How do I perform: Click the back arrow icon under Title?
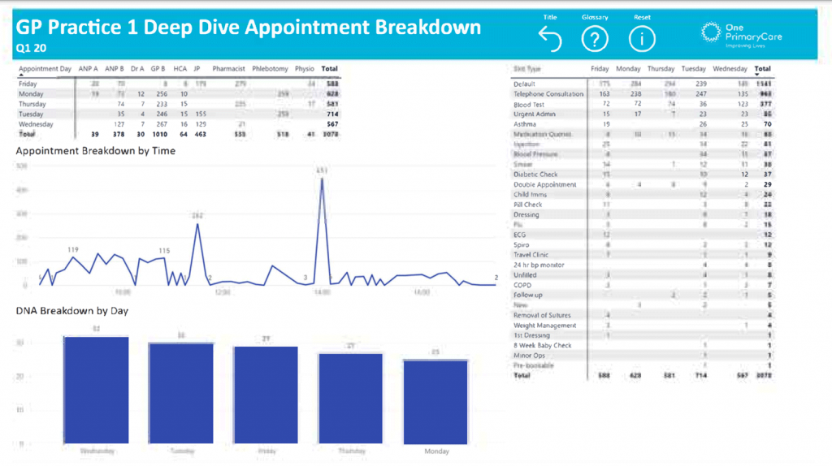(x=550, y=38)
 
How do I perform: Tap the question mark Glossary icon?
(x=595, y=38)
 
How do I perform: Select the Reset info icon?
(x=642, y=38)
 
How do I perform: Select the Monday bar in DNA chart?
(x=435, y=400)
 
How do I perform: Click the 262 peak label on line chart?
(x=197, y=215)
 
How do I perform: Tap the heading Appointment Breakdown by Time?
(x=96, y=150)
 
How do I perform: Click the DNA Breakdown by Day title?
(x=71, y=310)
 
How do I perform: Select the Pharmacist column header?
(x=228, y=69)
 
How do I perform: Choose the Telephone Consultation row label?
(x=548, y=94)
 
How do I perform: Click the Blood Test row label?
(x=530, y=104)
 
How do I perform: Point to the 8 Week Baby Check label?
(x=543, y=345)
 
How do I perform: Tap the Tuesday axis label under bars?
(x=180, y=449)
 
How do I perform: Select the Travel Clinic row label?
(x=531, y=255)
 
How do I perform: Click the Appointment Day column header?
(x=45, y=69)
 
